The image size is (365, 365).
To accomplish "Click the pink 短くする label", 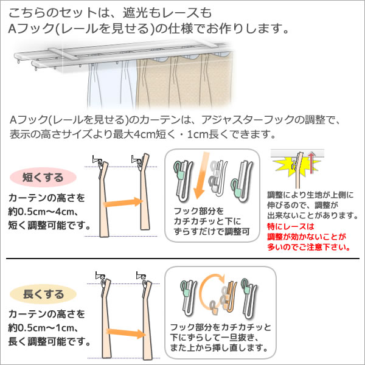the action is pos(43,178).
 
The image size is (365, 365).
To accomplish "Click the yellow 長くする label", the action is pos(43,294).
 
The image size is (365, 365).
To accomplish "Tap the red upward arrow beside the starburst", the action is pos(311,163).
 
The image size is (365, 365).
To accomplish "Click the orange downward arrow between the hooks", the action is pos(201,175).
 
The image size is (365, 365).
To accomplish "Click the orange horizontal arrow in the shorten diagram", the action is pos(123,202).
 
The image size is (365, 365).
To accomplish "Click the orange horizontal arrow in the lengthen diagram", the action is pos(126,333).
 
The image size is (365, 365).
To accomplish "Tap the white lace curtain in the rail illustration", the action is pos(112,87).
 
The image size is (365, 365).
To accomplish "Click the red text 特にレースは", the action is pos(291,226).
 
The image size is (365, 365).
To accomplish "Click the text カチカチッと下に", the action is pos(207,221).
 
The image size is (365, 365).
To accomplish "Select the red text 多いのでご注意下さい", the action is pos(309,247).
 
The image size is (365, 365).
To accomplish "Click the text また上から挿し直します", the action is pos(219,348).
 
